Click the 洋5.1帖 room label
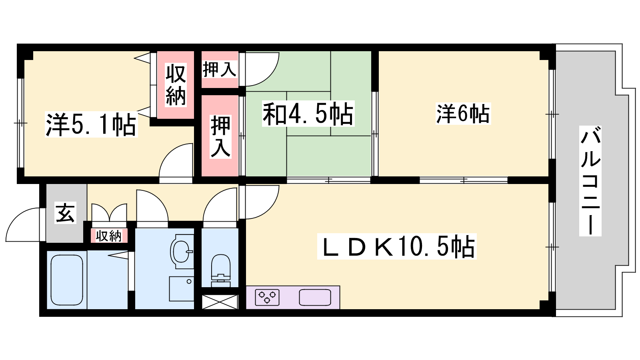click(91, 125)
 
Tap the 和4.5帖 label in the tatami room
click(308, 114)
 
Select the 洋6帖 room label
click(463, 114)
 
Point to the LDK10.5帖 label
click(396, 246)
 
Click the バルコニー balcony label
click(590, 181)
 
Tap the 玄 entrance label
click(65, 212)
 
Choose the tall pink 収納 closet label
click(176, 85)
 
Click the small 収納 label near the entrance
click(108, 236)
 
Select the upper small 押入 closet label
click(220, 70)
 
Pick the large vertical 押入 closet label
click(220, 137)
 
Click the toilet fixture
click(220, 270)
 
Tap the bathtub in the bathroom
click(67, 280)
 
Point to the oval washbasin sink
click(181, 252)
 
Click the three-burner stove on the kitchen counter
click(267, 298)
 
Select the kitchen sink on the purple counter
click(315, 298)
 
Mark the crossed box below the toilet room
click(220, 302)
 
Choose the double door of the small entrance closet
click(109, 213)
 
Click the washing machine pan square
click(182, 288)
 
